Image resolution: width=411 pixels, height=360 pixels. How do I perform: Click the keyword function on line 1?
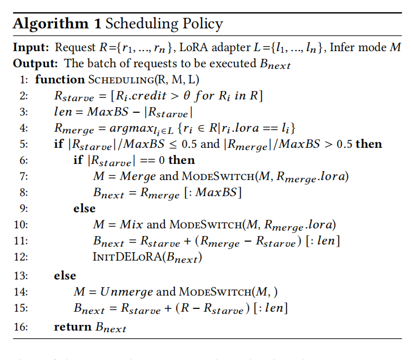pos(59,79)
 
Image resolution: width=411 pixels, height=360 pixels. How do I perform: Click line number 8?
pos(24,193)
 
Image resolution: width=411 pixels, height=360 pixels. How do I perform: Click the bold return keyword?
pos(73,327)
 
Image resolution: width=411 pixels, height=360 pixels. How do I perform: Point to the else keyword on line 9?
pos(84,208)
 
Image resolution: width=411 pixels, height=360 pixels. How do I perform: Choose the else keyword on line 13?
pos(65,275)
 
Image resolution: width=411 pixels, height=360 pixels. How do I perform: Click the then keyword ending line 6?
pos(181,160)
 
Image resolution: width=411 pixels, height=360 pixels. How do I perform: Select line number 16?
pos(21,327)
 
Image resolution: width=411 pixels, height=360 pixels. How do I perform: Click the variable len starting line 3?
pos(63,112)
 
